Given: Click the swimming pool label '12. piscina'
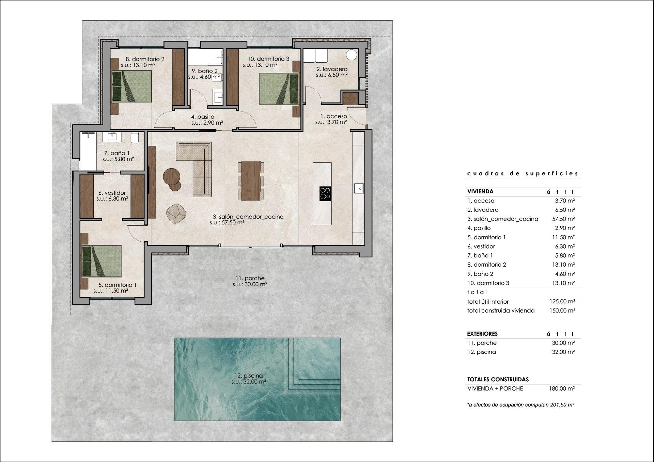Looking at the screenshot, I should click(x=249, y=376).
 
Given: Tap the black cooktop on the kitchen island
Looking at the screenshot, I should click(x=325, y=193).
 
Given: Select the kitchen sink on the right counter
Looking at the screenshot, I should click(x=359, y=188).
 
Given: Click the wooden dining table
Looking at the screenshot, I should click(x=251, y=180).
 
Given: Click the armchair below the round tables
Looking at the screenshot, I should click(x=176, y=213).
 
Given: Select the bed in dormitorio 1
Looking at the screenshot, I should click(x=102, y=260).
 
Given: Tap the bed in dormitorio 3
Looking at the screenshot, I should click(x=279, y=89).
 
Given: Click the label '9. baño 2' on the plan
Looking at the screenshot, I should click(x=204, y=71).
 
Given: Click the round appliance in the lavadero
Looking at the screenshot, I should click(x=352, y=55).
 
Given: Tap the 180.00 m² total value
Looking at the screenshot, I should click(x=562, y=388).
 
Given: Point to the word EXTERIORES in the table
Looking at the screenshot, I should click(x=482, y=334).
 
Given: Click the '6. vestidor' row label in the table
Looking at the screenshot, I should click(x=481, y=246).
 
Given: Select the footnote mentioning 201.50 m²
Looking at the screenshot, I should click(x=520, y=405).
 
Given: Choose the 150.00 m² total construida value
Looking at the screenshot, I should click(x=562, y=310).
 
